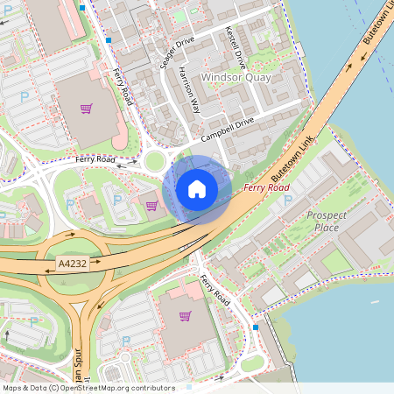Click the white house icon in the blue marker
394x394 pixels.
coord(197,189)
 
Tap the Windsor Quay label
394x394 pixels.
coord(236,78)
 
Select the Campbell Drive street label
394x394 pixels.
coord(227,129)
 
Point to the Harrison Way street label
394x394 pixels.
coord(189,90)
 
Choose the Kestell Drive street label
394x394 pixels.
coord(236,47)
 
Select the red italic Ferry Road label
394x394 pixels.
coord(266,188)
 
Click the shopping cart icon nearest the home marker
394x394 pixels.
coord(151,206)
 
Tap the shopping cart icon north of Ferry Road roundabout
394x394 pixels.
coord(86,109)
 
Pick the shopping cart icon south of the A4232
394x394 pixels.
coord(185,316)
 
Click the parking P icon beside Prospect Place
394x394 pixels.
coord(288,200)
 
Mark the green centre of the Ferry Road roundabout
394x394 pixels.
coord(156,161)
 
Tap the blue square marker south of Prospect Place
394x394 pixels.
coord(255,327)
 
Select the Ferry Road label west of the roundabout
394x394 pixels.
coord(95,160)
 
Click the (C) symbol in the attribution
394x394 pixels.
coord(54,388)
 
